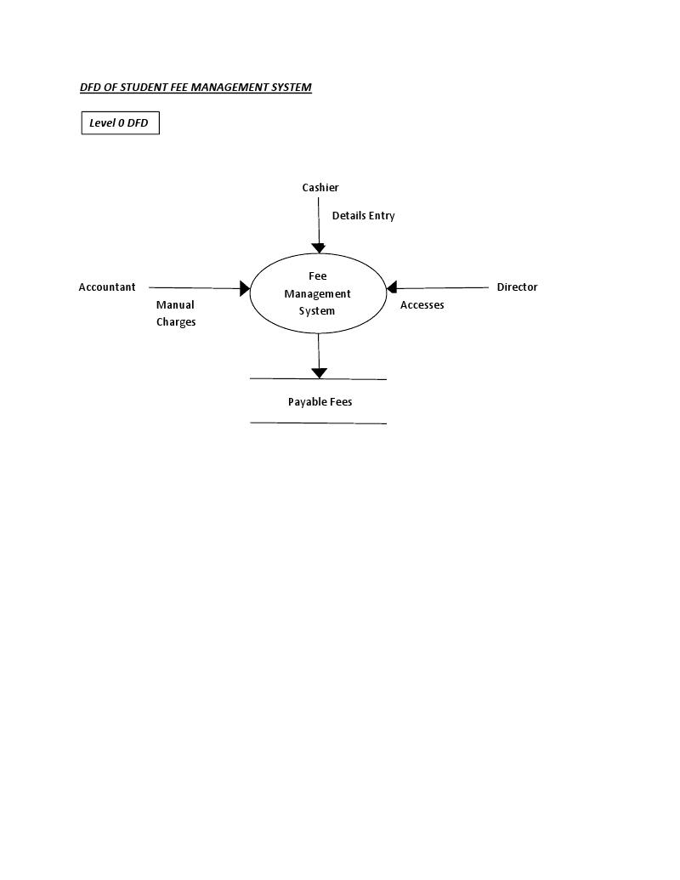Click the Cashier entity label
(320, 188)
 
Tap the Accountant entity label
(107, 287)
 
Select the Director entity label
(517, 287)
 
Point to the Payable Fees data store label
(320, 401)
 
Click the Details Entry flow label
(363, 216)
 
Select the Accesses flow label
(422, 305)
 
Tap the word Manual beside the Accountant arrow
(175, 305)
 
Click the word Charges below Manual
(176, 322)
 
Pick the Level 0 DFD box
(120, 123)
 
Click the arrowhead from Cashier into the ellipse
(319, 248)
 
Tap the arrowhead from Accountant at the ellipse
(245, 289)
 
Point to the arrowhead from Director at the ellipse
(392, 289)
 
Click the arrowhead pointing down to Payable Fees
(319, 372)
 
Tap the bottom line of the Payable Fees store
(318, 423)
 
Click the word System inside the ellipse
(317, 311)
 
